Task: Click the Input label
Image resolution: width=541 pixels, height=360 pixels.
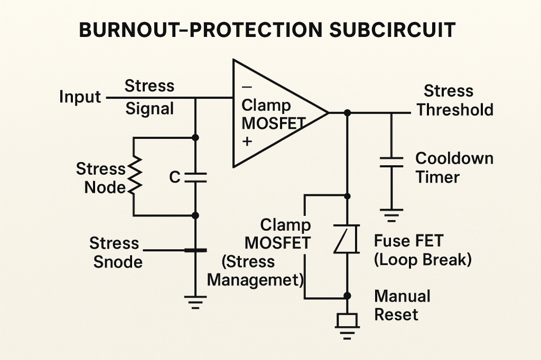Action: [x=80, y=97]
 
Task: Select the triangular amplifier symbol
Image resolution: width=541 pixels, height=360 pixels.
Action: [x=275, y=113]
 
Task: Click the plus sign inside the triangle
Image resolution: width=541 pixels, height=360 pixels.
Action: [x=246, y=142]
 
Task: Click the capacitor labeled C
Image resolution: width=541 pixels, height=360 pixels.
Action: [x=195, y=177]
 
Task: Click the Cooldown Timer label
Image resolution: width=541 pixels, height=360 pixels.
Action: [x=454, y=167]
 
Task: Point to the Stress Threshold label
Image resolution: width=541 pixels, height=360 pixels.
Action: [x=454, y=100]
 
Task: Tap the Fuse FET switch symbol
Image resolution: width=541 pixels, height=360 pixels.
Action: [x=347, y=239]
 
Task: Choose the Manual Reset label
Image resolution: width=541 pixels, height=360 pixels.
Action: [x=402, y=305]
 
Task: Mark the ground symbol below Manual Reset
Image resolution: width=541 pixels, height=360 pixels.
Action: [x=347, y=325]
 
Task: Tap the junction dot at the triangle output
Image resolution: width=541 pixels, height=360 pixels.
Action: [x=347, y=113]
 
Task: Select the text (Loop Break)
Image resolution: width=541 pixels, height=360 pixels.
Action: [x=423, y=260]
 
